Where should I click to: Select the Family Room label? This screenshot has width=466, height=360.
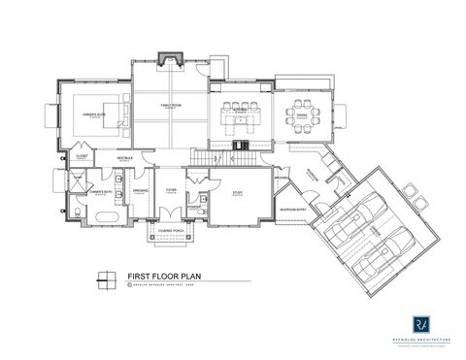tap(169, 107)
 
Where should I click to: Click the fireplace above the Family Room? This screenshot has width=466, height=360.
tap(170, 57)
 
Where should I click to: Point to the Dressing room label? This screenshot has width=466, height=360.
tap(139, 191)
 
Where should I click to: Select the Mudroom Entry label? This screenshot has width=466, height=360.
tap(292, 208)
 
